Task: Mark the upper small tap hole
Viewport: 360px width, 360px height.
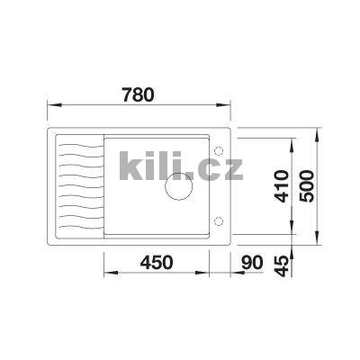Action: click(217, 150)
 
